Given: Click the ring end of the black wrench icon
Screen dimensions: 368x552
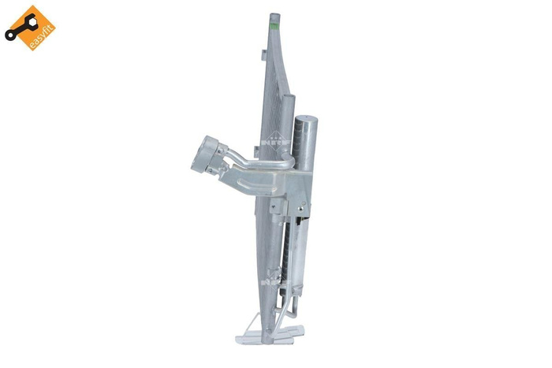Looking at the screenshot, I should point(11,34).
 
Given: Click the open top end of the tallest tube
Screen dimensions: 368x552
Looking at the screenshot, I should point(273,15).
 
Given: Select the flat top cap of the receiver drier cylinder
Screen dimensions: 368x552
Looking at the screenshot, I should point(305,117).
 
